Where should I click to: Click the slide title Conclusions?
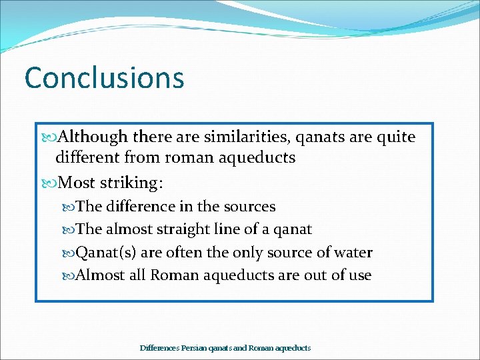pyautogui.click(x=104, y=77)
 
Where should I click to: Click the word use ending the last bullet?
pyautogui.click(x=358, y=275)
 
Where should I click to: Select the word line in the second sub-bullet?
pyautogui.click(x=247, y=230)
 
